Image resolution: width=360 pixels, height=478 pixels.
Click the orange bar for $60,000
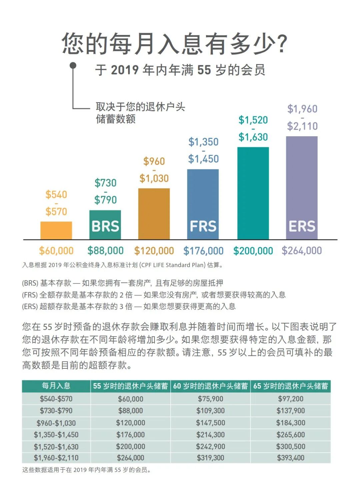click(x=56, y=230)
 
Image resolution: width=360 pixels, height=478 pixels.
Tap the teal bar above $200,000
click(x=253, y=193)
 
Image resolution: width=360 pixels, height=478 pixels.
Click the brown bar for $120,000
click(x=154, y=213)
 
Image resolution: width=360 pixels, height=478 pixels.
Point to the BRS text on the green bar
click(x=105, y=227)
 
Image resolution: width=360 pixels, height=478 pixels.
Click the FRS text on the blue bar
click(x=203, y=227)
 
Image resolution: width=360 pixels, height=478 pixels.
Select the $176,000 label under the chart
click(x=203, y=251)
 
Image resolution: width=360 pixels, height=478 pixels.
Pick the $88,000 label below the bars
click(x=105, y=251)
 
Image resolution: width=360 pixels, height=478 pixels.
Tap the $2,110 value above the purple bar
click(x=302, y=126)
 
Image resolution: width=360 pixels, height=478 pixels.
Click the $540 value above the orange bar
click(x=56, y=195)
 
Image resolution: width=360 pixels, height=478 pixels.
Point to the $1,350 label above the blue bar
click(x=203, y=142)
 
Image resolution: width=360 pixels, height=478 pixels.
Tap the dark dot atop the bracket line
click(x=73, y=66)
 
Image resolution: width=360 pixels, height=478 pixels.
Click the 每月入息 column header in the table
click(x=56, y=386)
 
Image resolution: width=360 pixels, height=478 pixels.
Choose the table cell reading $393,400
click(x=290, y=458)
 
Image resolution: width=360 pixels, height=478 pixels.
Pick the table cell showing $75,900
click(x=210, y=399)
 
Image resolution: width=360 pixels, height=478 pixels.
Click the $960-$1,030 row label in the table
click(x=56, y=423)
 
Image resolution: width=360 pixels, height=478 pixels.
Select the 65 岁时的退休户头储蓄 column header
click(x=290, y=386)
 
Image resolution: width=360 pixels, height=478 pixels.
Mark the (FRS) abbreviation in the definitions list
click(x=30, y=295)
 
